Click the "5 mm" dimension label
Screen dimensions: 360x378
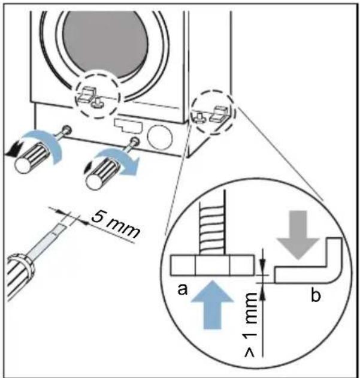point(115,224)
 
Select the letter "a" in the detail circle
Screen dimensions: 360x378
point(182,289)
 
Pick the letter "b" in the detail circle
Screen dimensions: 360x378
point(316,295)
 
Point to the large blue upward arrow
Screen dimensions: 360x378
point(213,304)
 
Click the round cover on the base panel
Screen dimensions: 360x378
point(159,137)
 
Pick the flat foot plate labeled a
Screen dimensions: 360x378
point(212,265)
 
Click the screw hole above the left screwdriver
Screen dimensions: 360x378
point(67,129)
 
